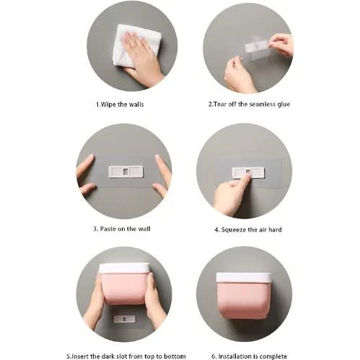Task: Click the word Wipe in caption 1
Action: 108,105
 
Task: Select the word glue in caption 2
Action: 284,105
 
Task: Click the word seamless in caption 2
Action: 262,104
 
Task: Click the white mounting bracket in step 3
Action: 126,172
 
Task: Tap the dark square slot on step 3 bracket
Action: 126,172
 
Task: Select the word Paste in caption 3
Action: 108,229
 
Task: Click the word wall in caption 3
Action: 144,229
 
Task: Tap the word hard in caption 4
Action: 275,229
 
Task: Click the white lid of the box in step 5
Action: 124,268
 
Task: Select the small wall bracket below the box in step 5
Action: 124,319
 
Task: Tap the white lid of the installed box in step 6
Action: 244,277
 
